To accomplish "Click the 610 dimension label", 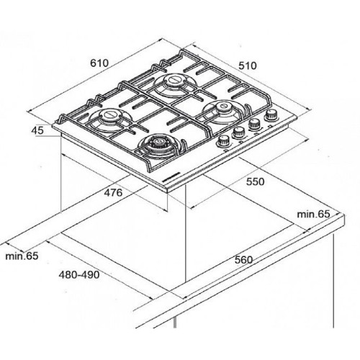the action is tap(99, 63).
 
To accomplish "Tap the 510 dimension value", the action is tap(248, 66).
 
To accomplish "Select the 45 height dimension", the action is tap(37, 130).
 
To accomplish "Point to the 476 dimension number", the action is tap(113, 192).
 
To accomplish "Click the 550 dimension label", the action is tap(255, 181).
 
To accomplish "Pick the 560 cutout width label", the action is tap(243, 260).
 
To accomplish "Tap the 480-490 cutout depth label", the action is tap(79, 275).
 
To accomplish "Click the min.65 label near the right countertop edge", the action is tap(313, 214).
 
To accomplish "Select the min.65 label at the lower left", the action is tap(22, 256).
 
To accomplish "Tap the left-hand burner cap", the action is tap(111, 114).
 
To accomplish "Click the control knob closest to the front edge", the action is tap(223, 141).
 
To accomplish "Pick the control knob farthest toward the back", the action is tap(271, 114).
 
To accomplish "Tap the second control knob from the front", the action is tap(238, 132).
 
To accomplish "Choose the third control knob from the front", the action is tap(254, 124).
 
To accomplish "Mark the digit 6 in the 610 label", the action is tap(93, 63).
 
